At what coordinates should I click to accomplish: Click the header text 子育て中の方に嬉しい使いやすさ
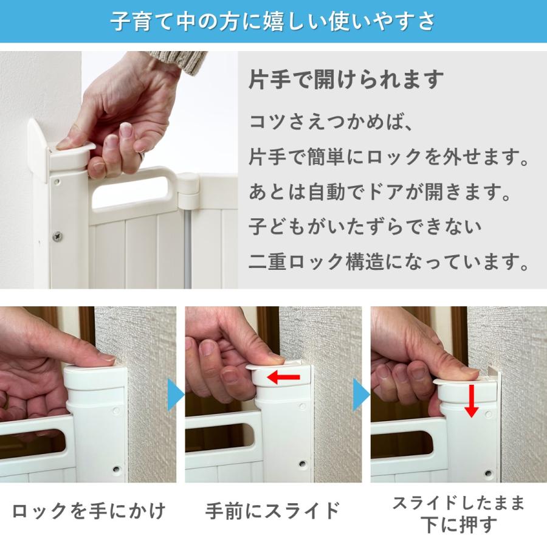(273, 21)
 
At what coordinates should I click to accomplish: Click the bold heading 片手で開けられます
(346, 80)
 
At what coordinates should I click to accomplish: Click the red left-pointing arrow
(284, 378)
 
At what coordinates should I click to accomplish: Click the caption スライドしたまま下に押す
(458, 514)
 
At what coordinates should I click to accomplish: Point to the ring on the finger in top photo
(141, 158)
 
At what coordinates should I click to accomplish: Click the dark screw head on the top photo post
(58, 233)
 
